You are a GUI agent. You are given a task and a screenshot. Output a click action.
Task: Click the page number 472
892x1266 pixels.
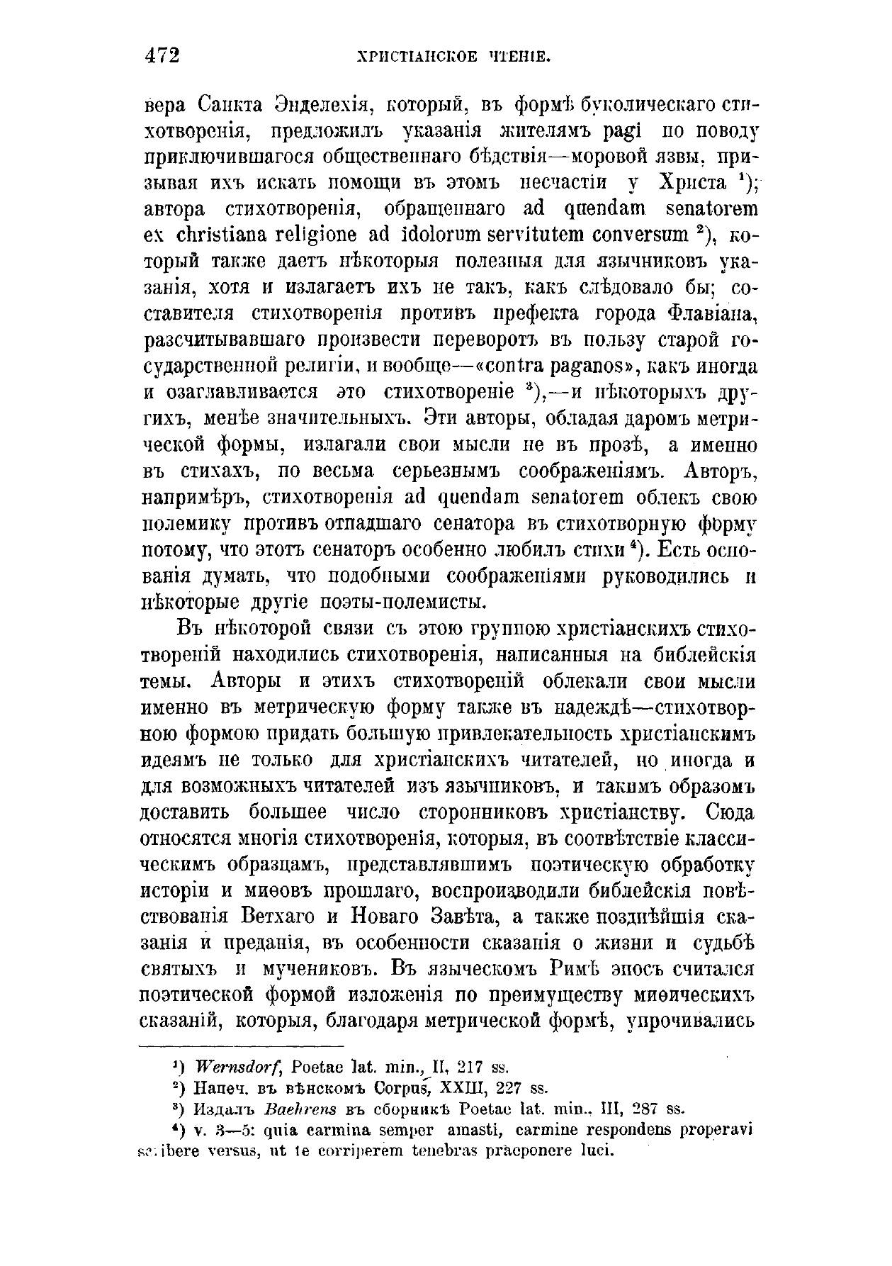pos(162,55)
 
